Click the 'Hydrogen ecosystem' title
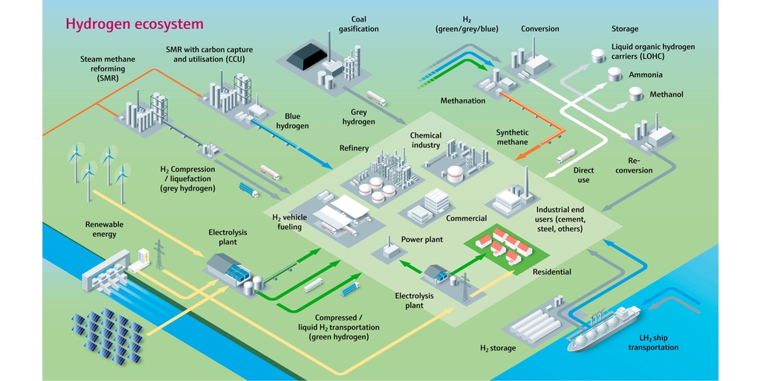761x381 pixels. pos(134,24)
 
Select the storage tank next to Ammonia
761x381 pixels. pos(615,74)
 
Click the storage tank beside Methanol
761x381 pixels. pos(636,94)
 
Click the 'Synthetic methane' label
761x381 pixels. pos(512,138)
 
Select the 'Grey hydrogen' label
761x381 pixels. pos(358,117)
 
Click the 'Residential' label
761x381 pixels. pos(551,272)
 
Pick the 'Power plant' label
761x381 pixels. pos(422,240)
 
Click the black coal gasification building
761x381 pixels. pos(307,54)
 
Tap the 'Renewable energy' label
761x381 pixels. pos(104,229)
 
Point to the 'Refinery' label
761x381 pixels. pos(354,148)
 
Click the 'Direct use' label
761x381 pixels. pos(583,175)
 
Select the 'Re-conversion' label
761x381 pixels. pos(639,165)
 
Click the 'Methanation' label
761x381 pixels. pos(462,100)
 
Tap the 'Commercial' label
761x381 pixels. pos(466,218)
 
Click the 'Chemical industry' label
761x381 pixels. pos(426,141)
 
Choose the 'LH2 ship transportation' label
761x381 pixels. pos(652,342)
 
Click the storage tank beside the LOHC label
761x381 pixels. pos(596,56)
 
